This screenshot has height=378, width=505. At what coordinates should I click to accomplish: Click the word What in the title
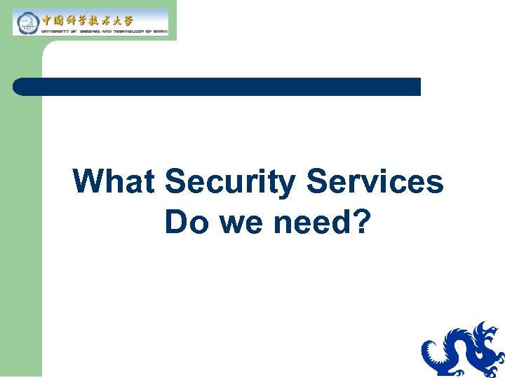pos(114,182)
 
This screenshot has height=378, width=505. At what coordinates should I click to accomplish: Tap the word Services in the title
pos(375,182)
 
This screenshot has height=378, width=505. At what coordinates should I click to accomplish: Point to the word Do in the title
pos(182,222)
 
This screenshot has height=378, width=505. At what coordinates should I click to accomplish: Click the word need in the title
pos(312,222)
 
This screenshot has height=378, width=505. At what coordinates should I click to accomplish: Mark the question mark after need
pos(361,222)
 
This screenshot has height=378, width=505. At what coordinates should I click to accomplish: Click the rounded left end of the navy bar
pos(18,87)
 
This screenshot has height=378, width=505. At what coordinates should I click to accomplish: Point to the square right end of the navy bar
pos(417,87)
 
